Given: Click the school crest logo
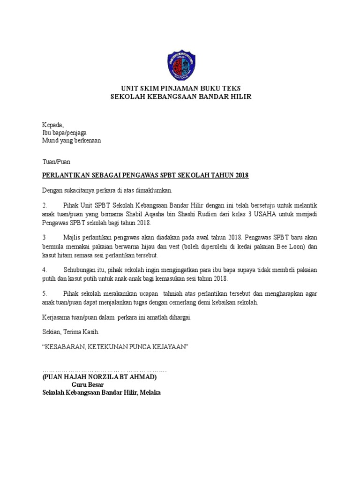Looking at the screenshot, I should tap(181, 65).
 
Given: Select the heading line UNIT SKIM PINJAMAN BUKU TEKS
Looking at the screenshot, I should tap(181, 88).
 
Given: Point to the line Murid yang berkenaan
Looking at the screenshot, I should tap(71, 140).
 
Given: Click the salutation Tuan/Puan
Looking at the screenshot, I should tap(56, 161).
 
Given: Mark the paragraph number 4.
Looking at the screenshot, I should tap(45, 270).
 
